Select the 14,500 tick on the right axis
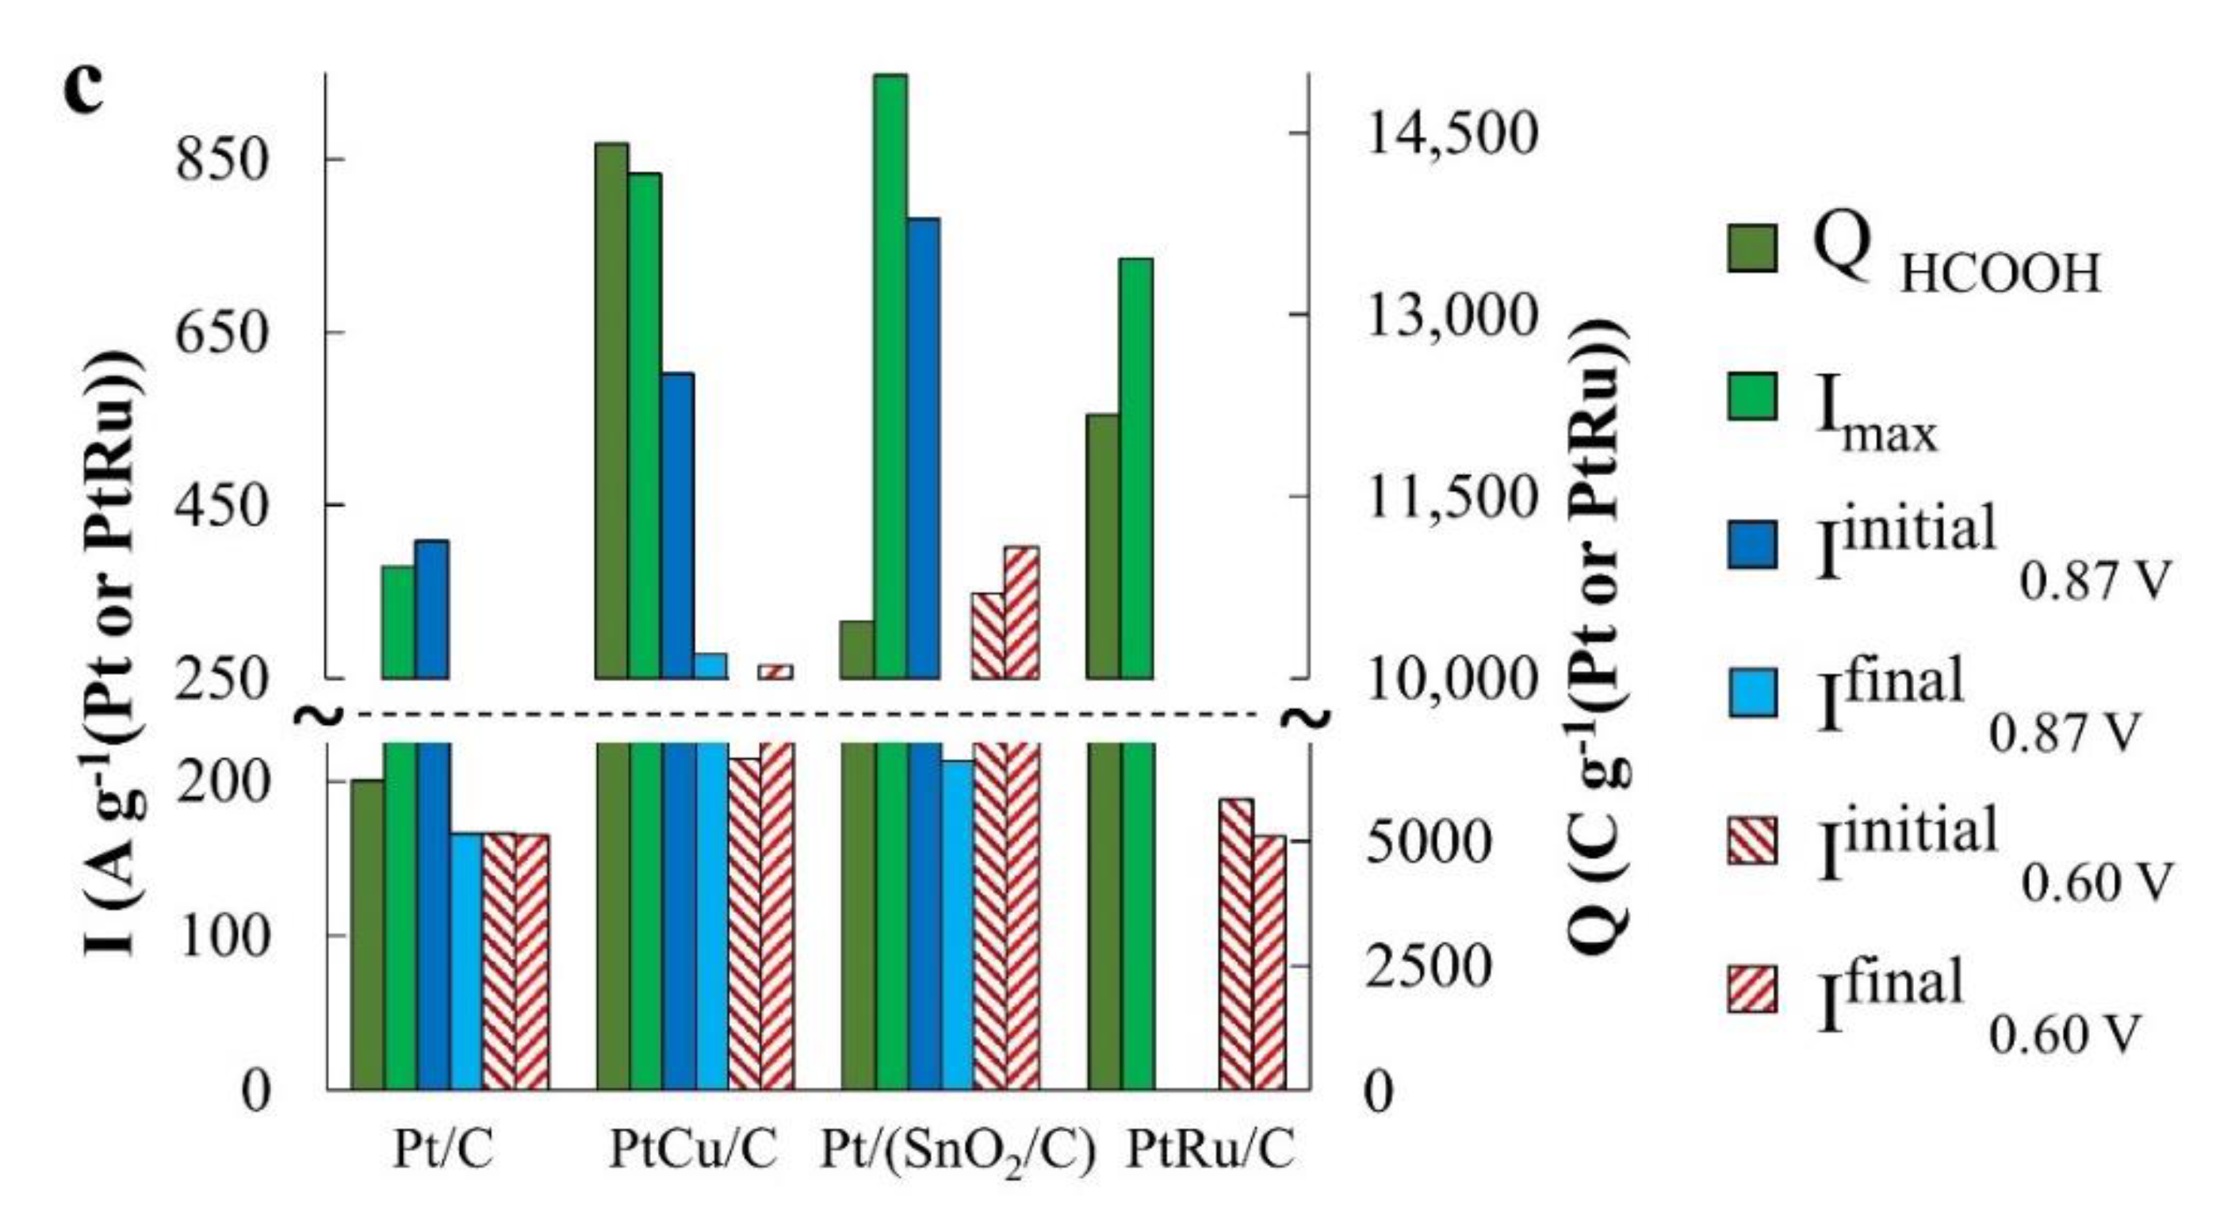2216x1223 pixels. point(1449,134)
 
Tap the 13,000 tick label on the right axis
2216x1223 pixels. point(1449,316)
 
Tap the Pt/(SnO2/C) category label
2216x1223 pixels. point(958,1152)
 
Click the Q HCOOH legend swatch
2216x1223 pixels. point(1751,249)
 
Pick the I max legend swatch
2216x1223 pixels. point(1751,397)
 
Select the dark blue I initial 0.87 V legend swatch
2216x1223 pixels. point(1751,546)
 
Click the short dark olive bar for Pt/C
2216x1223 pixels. point(367,934)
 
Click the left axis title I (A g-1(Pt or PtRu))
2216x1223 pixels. point(116,654)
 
